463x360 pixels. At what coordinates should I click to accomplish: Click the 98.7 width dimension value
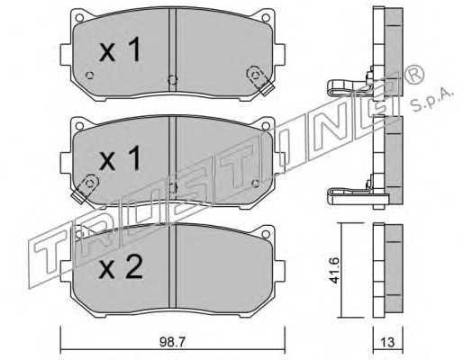click(172, 342)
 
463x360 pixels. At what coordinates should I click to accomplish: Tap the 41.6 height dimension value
click(334, 270)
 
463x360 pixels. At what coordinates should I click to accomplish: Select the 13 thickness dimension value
click(387, 342)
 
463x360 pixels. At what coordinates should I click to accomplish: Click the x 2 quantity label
click(121, 268)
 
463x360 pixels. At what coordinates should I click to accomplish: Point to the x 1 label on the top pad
click(120, 49)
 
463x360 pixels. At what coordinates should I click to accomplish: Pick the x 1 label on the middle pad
click(120, 158)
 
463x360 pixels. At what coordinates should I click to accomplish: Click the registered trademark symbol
click(414, 75)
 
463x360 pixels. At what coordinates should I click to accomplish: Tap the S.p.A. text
click(431, 100)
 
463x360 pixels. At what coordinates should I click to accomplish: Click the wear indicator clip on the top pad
click(259, 80)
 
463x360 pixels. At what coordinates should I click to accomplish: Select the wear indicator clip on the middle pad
click(86, 189)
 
